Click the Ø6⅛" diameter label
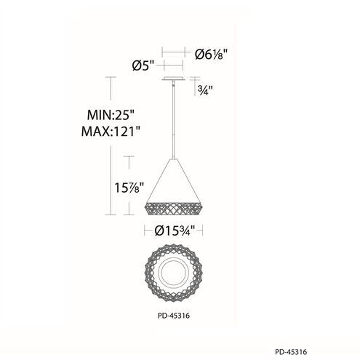[x=211, y=55]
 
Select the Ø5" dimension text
[x=143, y=65]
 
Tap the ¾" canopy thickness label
[x=205, y=90]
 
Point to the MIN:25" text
[x=111, y=115]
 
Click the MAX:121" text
[x=111, y=132]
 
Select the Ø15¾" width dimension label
[x=175, y=231]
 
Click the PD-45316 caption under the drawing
[x=174, y=316]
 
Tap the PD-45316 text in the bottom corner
[x=291, y=352]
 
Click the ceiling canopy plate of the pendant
[x=174, y=79]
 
